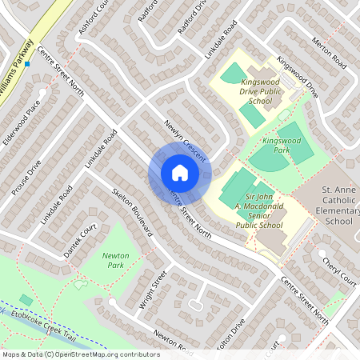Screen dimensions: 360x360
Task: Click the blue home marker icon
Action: tap(179, 173)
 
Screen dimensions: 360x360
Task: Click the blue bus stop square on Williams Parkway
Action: tap(27, 64)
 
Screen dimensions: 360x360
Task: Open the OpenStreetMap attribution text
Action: tap(80, 354)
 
